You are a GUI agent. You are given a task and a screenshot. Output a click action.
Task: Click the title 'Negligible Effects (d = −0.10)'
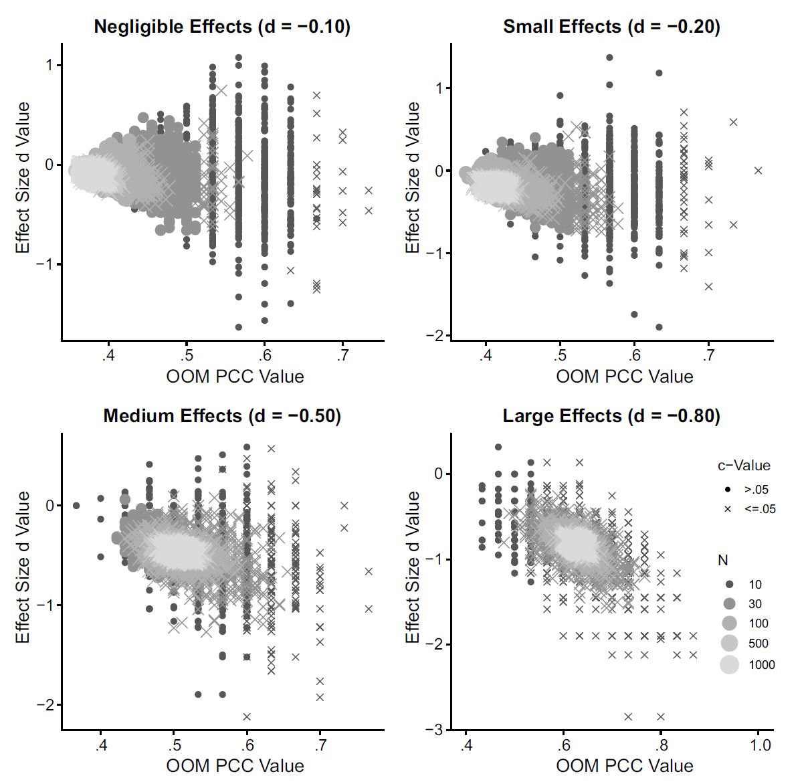click(x=222, y=27)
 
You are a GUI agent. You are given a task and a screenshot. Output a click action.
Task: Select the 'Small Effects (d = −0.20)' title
click(x=611, y=27)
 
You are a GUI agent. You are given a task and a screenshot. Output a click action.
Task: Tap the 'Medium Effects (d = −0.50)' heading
click(x=222, y=416)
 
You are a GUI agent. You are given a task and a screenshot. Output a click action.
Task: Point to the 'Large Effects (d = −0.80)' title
click(x=611, y=416)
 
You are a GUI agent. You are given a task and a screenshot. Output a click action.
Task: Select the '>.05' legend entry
click(x=756, y=490)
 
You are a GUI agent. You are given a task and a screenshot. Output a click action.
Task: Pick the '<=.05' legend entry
click(x=759, y=509)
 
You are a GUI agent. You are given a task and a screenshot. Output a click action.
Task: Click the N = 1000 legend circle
click(x=729, y=664)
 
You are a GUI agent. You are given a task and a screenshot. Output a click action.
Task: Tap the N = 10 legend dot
click(x=729, y=584)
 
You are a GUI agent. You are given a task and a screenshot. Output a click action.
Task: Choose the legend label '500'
click(x=758, y=644)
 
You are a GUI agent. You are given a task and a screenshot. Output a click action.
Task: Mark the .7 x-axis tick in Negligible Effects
click(x=342, y=355)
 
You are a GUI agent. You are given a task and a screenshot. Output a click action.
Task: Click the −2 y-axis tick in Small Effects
click(x=439, y=336)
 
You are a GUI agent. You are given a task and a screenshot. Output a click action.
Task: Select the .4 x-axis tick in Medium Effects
click(x=100, y=745)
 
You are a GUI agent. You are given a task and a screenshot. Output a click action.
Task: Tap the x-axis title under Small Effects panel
click(x=624, y=376)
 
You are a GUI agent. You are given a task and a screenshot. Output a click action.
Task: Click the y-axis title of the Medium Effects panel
click(x=23, y=567)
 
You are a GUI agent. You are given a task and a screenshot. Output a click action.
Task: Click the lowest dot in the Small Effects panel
click(x=659, y=327)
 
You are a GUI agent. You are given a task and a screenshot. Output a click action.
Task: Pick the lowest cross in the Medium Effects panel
click(x=247, y=716)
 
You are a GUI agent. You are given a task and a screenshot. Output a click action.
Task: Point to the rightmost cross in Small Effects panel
click(x=758, y=171)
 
